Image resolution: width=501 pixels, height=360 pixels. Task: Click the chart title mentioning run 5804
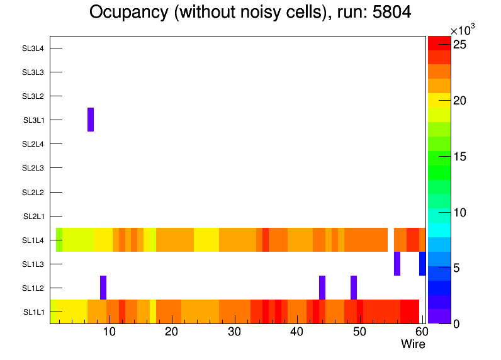tap(250, 13)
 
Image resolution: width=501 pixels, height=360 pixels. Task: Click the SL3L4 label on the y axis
tap(33, 48)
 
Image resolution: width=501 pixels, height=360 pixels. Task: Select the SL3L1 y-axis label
tap(33, 120)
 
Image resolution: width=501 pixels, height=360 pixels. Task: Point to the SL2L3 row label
tap(33, 168)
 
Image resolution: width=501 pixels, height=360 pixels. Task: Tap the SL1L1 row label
tap(33, 312)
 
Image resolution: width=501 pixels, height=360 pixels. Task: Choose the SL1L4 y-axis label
tap(33, 240)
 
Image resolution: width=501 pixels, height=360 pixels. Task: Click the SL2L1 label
tap(33, 217)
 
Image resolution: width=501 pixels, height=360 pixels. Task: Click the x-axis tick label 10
tap(109, 332)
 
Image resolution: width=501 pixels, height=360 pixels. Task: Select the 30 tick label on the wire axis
tap(234, 332)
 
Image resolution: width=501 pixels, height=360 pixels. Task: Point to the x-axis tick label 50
tap(359, 332)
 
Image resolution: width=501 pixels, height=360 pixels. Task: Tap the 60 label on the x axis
tap(421, 332)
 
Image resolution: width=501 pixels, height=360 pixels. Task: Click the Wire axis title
tap(413, 344)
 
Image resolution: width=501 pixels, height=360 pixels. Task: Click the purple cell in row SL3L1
tap(91, 120)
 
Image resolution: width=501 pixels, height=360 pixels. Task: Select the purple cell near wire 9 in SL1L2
tap(103, 288)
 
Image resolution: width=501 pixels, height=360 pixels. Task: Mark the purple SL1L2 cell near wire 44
tap(322, 288)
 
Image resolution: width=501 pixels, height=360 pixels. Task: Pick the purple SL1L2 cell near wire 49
tap(354, 288)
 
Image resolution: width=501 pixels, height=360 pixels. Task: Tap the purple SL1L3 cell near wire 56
tap(397, 264)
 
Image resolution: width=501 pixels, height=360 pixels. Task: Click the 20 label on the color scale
tap(460, 101)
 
